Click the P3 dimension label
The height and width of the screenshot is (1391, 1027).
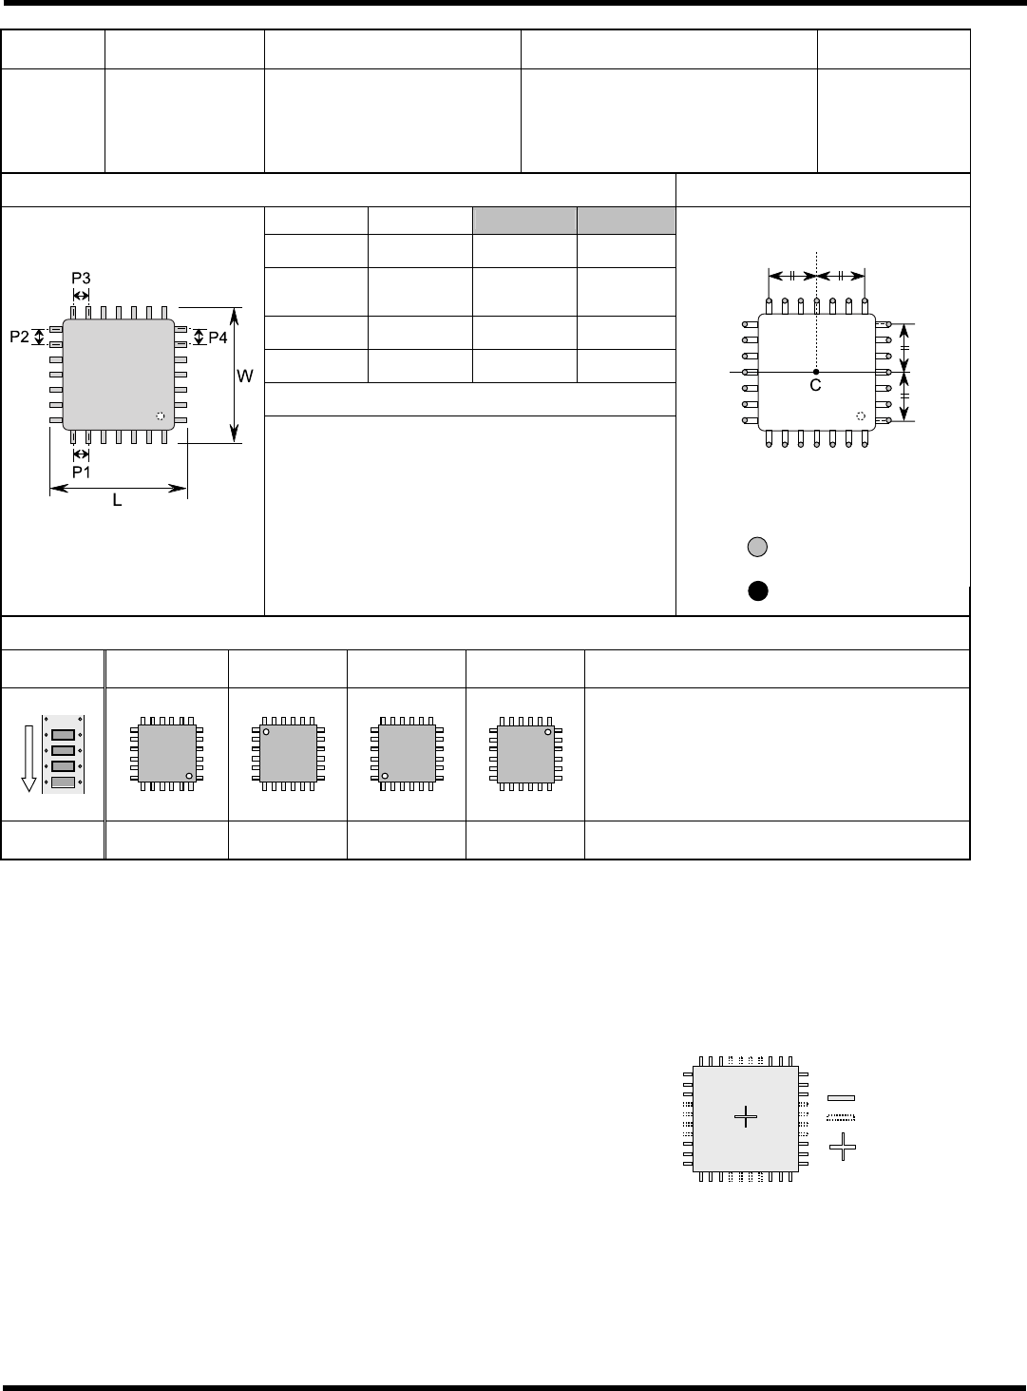coord(82,278)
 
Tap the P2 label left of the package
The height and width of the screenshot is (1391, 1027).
coord(19,337)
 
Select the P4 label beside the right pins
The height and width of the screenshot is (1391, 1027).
coord(219,338)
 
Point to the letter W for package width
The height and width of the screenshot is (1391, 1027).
coord(245,377)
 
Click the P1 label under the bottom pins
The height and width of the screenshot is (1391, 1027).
coord(82,471)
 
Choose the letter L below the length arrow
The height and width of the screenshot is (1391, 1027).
coord(118,500)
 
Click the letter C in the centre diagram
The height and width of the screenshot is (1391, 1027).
coord(815,386)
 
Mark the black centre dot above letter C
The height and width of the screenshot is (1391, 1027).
coord(816,371)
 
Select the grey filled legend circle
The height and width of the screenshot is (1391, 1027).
coord(756,547)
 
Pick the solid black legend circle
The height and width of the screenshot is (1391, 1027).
coord(756,590)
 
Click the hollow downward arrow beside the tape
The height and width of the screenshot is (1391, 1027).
coord(29,755)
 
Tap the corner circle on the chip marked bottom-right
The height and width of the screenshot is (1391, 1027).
coord(189,776)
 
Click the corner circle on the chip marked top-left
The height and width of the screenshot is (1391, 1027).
coord(267,733)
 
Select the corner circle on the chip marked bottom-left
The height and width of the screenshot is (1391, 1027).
coord(385,776)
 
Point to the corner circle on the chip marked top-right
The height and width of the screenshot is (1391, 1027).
coord(548,732)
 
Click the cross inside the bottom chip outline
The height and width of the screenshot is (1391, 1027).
coord(747,1117)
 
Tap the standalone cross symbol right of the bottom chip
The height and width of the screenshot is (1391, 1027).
coord(843,1147)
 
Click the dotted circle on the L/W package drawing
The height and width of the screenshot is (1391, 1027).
coord(160,416)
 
